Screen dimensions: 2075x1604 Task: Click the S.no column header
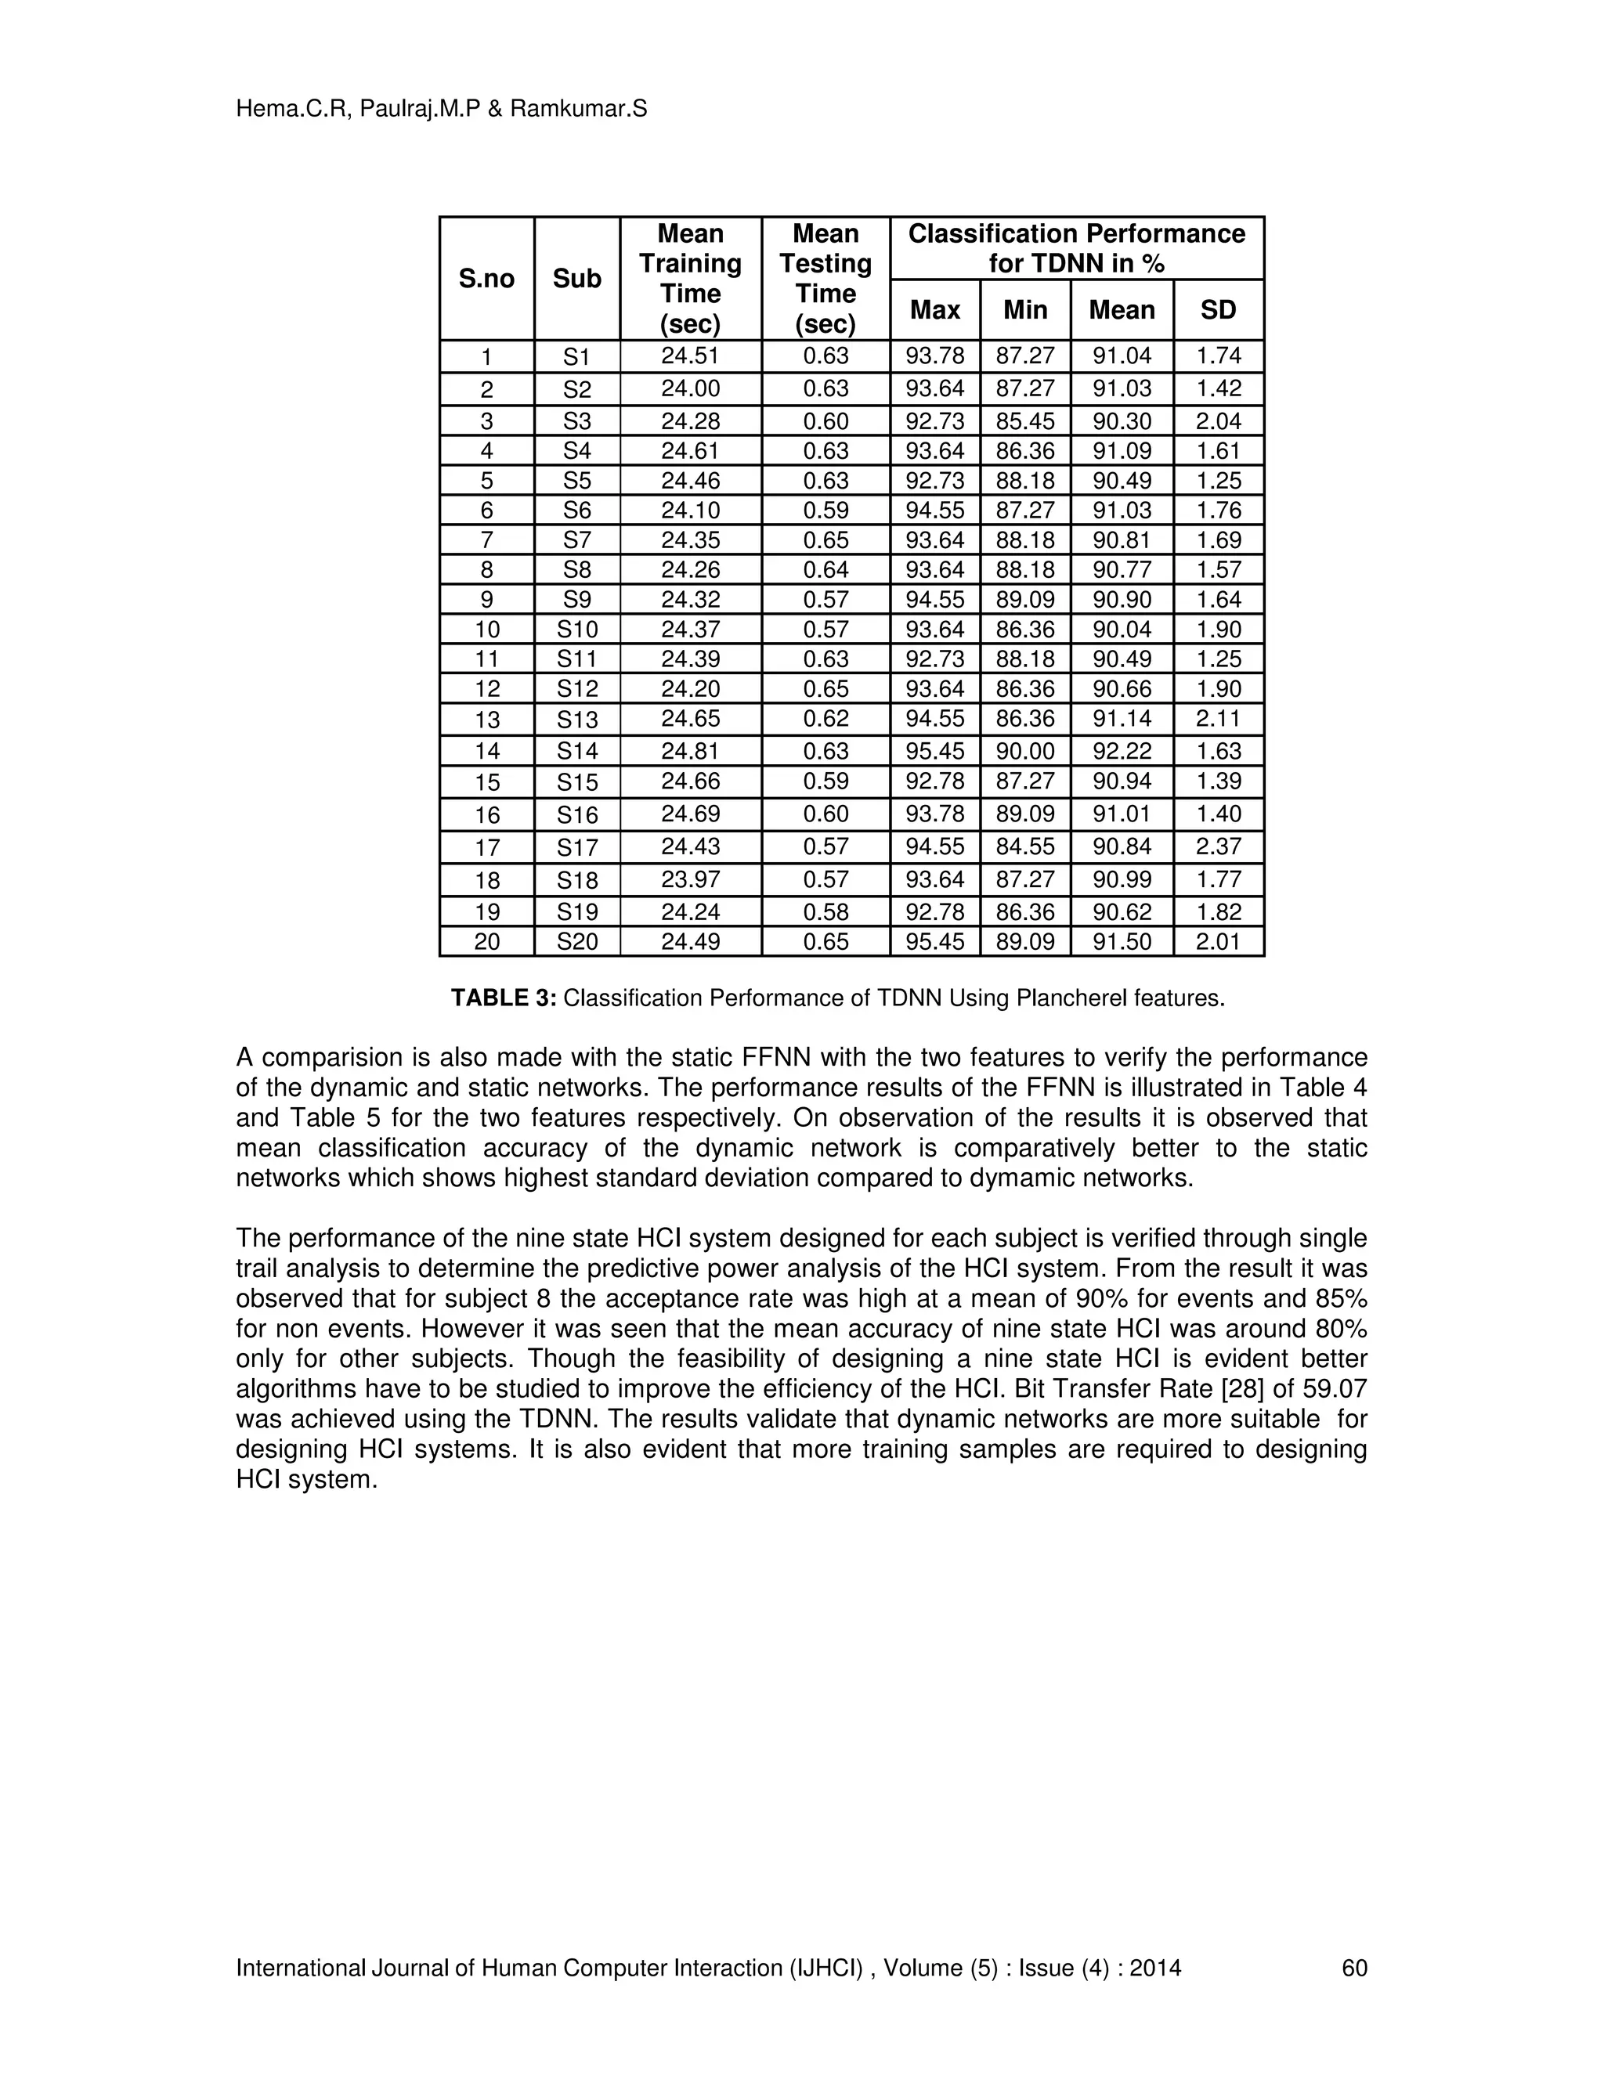(486, 279)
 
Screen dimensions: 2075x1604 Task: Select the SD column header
(1218, 310)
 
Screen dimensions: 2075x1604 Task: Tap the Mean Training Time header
(690, 279)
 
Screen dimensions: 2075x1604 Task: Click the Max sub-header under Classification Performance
(934, 310)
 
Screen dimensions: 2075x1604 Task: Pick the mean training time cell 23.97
(690, 879)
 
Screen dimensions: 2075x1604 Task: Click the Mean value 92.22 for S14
(1122, 751)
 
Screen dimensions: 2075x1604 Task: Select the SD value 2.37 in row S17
(1218, 846)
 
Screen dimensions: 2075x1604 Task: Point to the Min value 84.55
(1024, 846)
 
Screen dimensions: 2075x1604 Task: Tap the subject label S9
(576, 600)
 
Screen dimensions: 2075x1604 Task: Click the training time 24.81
(690, 751)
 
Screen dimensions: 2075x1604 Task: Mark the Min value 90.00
(1024, 751)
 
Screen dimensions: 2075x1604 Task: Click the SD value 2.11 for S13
(1218, 718)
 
